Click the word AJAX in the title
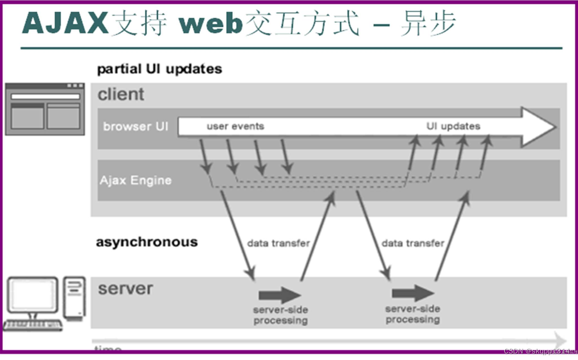[x=66, y=24]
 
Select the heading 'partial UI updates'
[x=159, y=69]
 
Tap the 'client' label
[x=121, y=94]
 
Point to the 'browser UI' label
[x=136, y=126]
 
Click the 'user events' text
[x=235, y=126]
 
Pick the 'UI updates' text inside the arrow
[x=453, y=126]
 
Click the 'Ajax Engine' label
[x=135, y=181]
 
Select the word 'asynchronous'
[x=147, y=242]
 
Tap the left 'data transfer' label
[x=278, y=243]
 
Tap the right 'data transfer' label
[x=413, y=243]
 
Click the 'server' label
[x=125, y=289]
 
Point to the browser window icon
[x=45, y=109]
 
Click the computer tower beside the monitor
[x=75, y=297]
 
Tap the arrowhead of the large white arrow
[x=538, y=127]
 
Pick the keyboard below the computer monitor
[x=33, y=325]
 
